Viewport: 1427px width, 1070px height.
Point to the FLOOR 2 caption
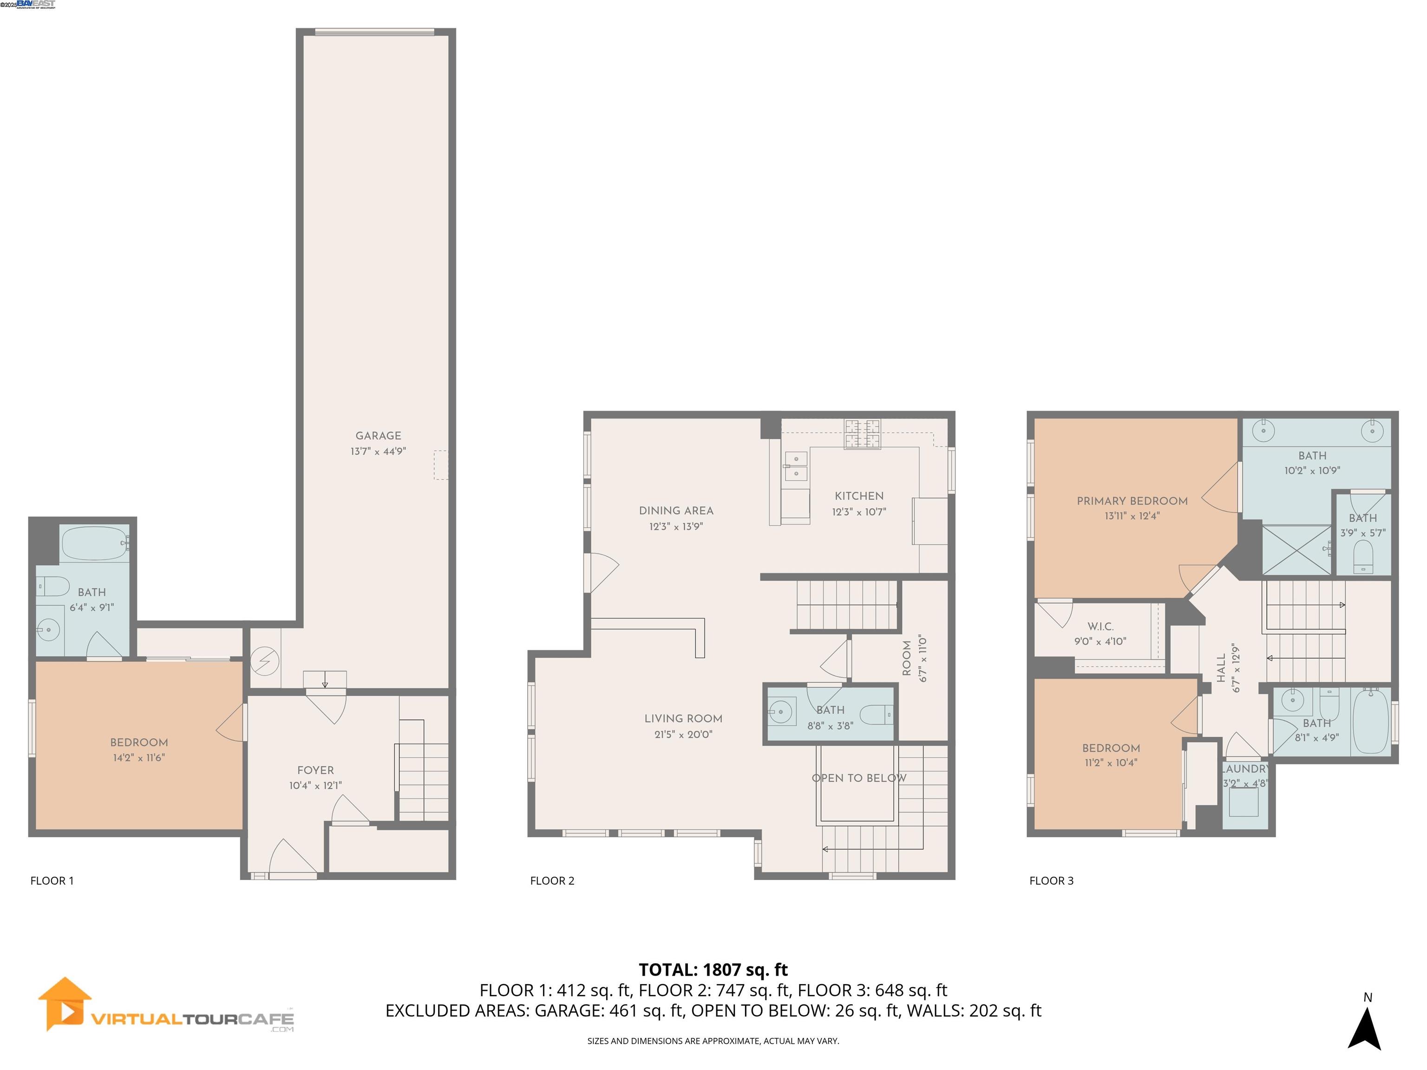tap(551, 881)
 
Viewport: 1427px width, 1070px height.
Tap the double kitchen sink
tap(795, 466)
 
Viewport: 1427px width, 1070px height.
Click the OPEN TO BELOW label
tap(858, 778)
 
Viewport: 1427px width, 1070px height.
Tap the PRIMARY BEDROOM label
tap(1132, 501)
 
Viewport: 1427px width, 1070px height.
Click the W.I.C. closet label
tap(1100, 626)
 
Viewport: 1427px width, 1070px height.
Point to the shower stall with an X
tap(1296, 549)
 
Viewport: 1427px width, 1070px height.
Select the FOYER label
tap(315, 770)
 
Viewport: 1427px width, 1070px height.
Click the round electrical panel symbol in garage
tap(264, 662)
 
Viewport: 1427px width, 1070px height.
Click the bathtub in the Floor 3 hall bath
tap(1369, 721)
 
